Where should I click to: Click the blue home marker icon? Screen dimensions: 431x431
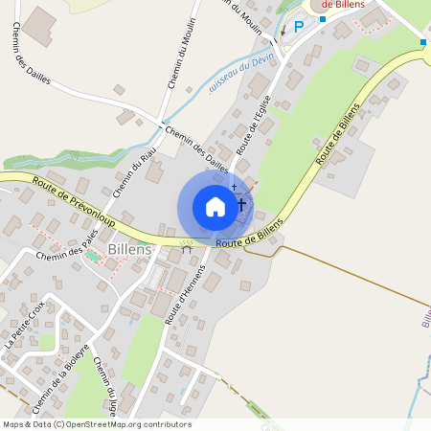(215, 207)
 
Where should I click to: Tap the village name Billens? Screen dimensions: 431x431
(129, 249)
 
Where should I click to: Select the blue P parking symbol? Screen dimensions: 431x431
(298, 27)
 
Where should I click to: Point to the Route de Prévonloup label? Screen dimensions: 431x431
(72, 199)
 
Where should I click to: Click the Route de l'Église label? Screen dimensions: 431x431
(254, 130)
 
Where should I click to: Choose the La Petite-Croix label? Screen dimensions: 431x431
(24, 324)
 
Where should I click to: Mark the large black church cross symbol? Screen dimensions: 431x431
(241, 204)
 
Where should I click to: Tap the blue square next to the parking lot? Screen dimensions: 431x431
(324, 18)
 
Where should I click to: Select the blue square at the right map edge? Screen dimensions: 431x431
(422, 42)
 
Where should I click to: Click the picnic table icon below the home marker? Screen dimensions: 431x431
(187, 246)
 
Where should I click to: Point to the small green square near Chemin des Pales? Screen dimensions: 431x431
(93, 256)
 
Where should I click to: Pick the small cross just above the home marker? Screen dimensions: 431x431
(234, 187)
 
